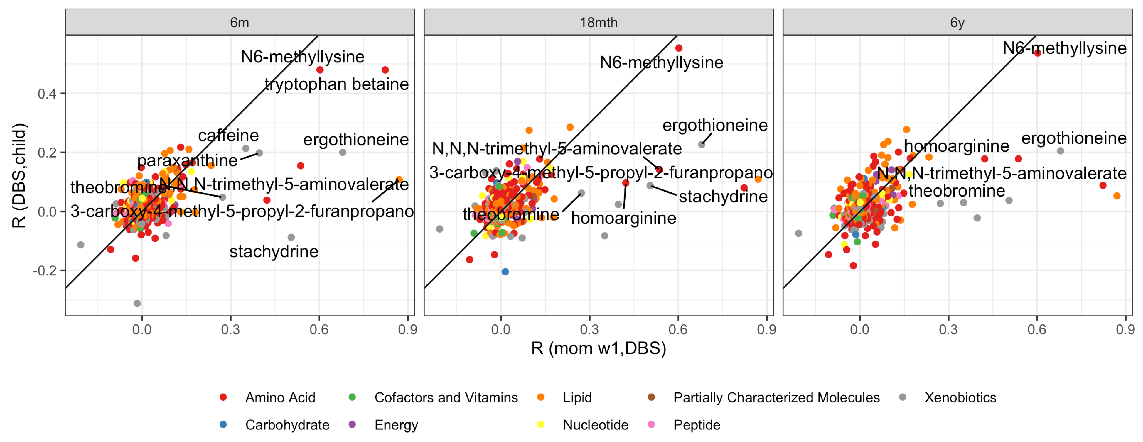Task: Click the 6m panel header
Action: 240,23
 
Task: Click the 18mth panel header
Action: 598,23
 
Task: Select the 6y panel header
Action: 957,23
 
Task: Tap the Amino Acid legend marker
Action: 223,397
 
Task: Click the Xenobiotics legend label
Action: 960,398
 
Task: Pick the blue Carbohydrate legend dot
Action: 223,424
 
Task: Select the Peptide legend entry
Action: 696,425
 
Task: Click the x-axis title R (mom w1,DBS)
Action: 598,348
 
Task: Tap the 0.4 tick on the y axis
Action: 47,94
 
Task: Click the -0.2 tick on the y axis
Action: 45,270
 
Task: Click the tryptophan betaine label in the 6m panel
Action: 336,84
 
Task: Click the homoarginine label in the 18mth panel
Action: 623,218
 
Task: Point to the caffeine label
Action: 228,135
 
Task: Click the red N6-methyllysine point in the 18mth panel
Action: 678,48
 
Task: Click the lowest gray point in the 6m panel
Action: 137,304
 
